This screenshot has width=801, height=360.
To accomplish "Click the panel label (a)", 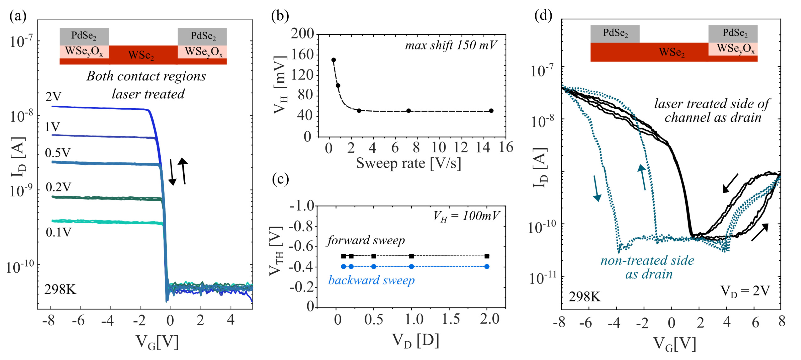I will click(x=18, y=16).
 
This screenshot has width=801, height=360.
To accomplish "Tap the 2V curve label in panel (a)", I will click(x=54, y=97).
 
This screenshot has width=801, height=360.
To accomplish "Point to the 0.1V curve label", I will click(x=59, y=232).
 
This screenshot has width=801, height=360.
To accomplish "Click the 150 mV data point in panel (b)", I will click(x=333, y=60).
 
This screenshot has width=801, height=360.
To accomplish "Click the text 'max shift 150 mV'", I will click(x=451, y=45).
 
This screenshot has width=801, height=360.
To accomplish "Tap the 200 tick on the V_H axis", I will click(x=302, y=34).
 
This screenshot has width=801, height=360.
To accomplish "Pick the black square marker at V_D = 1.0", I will click(x=411, y=256).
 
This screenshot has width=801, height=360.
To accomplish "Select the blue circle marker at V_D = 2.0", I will click(x=487, y=266).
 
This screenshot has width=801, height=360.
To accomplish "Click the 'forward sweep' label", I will click(x=366, y=240).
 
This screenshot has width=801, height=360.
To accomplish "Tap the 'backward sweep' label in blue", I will click(x=371, y=280).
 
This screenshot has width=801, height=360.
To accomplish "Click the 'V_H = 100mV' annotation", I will click(x=466, y=216).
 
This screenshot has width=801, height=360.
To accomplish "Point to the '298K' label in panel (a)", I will click(x=60, y=290).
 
